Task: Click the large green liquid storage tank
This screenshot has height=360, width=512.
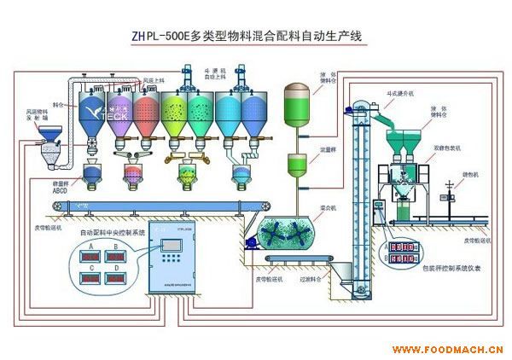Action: (x=299, y=100)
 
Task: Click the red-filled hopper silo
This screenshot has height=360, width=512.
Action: (x=147, y=114)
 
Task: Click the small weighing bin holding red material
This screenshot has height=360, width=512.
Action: (x=134, y=174)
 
